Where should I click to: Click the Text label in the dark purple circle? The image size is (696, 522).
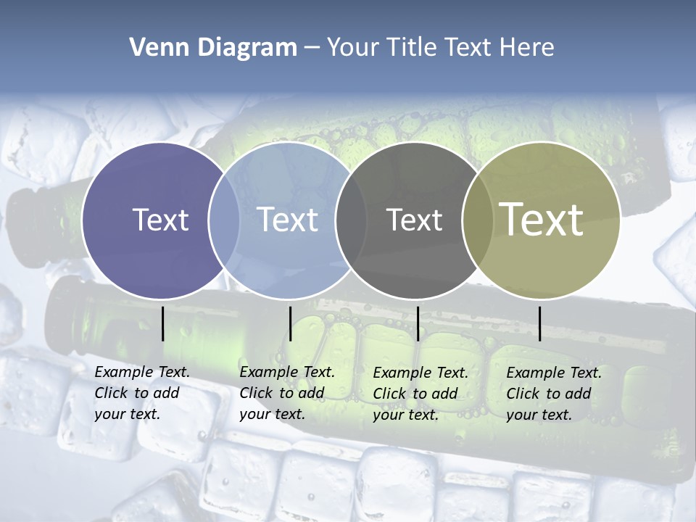coord(160,220)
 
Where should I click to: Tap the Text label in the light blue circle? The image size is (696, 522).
coord(287,220)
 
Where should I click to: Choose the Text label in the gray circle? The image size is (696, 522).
coord(414,220)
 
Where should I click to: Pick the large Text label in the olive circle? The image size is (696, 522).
coord(542,220)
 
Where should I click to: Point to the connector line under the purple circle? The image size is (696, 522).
coord(163,323)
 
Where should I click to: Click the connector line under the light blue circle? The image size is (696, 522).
coord(290,323)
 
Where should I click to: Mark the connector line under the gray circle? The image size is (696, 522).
coord(418,323)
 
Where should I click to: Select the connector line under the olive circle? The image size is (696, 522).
coord(540,323)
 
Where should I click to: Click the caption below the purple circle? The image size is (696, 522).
coord(141,393)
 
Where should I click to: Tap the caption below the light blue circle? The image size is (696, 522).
coord(286,393)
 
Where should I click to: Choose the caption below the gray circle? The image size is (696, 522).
coord(420,394)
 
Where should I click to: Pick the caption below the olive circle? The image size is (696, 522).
coord(553,394)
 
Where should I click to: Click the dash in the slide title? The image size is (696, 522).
coord(312,48)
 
